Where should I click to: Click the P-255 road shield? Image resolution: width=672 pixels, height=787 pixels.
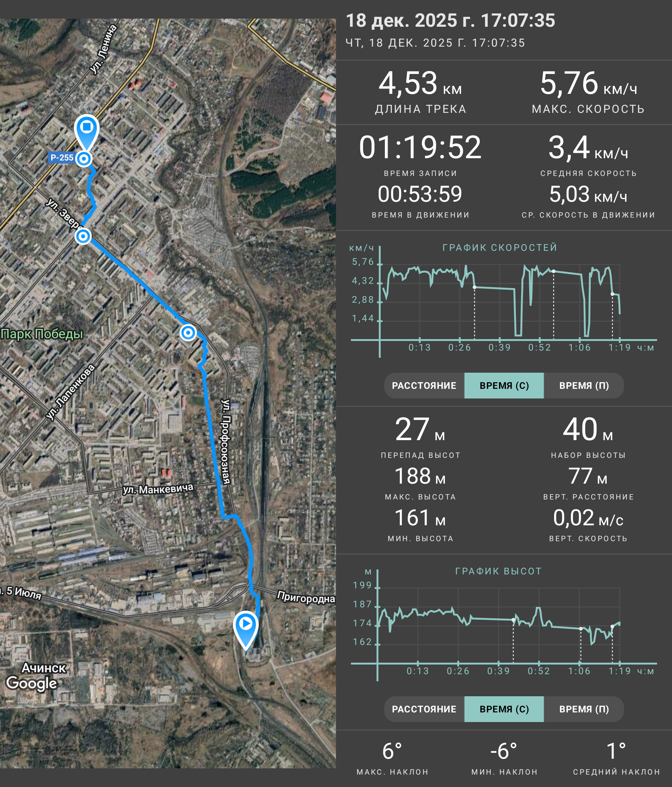(61, 158)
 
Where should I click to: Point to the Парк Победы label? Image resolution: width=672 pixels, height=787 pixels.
(42, 334)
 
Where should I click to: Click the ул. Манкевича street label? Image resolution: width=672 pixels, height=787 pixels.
(158, 489)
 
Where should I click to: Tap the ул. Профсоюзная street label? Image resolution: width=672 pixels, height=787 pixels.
(226, 441)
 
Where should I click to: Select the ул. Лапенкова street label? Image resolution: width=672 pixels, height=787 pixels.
(71, 392)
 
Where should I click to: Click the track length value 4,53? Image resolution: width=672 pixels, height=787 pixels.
(408, 83)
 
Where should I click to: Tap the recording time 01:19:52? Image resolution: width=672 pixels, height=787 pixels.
(420, 147)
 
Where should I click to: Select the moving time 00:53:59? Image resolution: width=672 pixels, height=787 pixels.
(420, 194)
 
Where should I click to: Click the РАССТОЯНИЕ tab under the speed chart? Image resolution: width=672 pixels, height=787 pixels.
(424, 385)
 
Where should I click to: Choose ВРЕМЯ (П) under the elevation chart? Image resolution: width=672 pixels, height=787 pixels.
(584, 709)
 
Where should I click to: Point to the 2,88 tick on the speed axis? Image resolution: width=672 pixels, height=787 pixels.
(363, 300)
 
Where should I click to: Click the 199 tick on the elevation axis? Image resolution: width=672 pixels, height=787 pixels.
(362, 585)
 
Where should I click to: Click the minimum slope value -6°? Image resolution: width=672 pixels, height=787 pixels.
(504, 751)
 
